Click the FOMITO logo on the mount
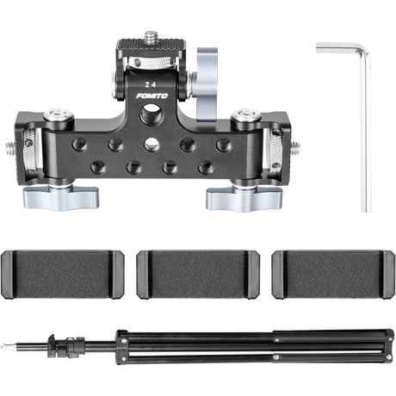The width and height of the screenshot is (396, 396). point(152,96)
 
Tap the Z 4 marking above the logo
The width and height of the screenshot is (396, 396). point(151,84)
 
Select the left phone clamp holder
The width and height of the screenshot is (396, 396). point(63,275)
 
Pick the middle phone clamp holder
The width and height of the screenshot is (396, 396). point(198,275)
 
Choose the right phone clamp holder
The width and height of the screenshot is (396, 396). point(333,275)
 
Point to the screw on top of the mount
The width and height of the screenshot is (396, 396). point(152,36)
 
